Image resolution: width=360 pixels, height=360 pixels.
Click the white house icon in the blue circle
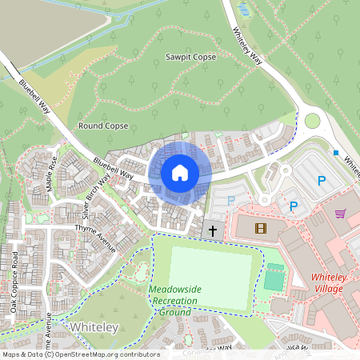(x=180, y=172)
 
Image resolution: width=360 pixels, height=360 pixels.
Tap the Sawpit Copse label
(x=190, y=58)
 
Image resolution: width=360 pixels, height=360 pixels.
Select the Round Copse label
(x=103, y=126)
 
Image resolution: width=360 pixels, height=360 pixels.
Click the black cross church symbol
(x=213, y=230)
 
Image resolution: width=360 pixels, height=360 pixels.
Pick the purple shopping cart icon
(x=341, y=214)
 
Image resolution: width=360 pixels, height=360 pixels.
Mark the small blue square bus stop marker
(x=336, y=153)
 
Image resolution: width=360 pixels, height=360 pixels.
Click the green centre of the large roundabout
(x=312, y=121)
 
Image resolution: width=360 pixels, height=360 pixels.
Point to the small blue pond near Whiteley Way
(x=242, y=10)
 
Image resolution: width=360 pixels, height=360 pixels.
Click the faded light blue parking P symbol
(x=232, y=201)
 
